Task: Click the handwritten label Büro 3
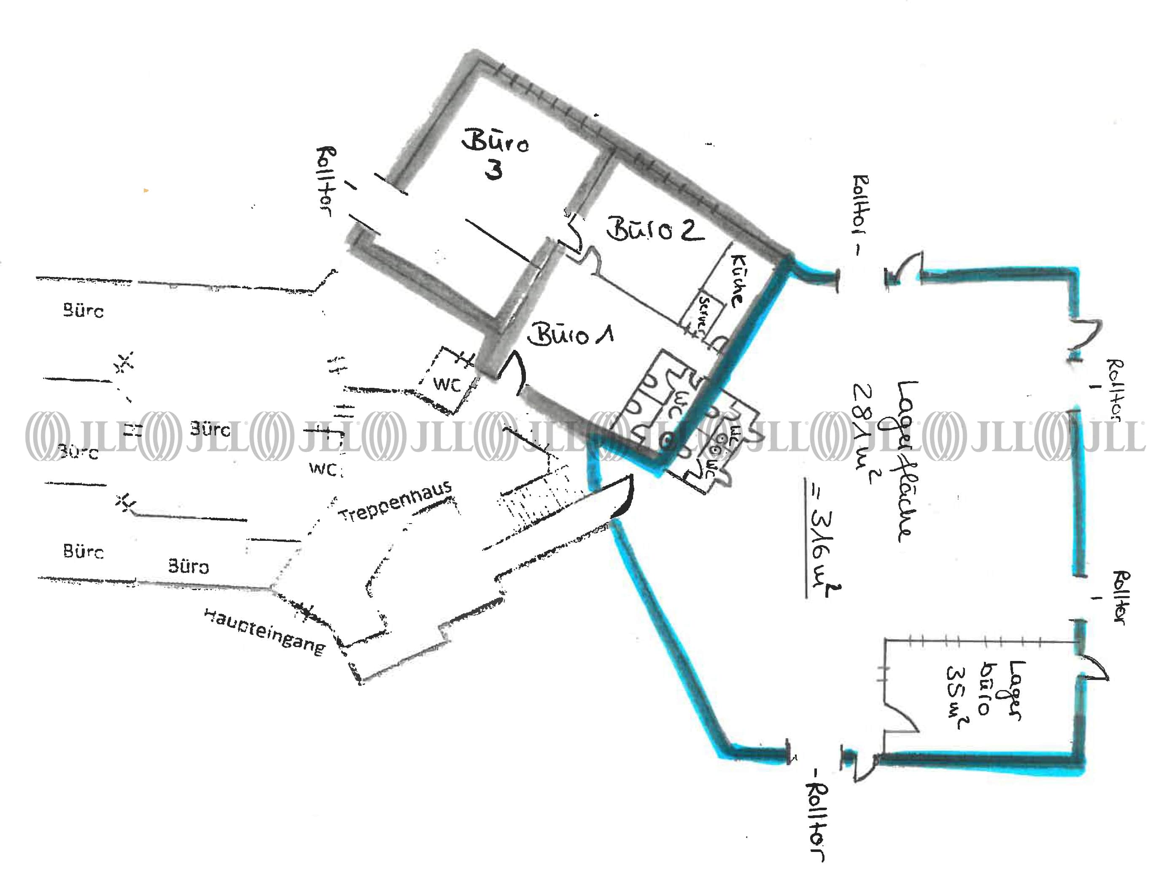point(494,154)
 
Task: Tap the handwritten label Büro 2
point(655,230)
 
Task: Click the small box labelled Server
point(704,314)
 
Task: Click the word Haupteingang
point(264,631)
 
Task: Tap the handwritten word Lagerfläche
point(905,460)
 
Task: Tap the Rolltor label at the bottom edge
point(817,819)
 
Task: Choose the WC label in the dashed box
point(447,384)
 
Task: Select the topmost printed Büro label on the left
point(83,310)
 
